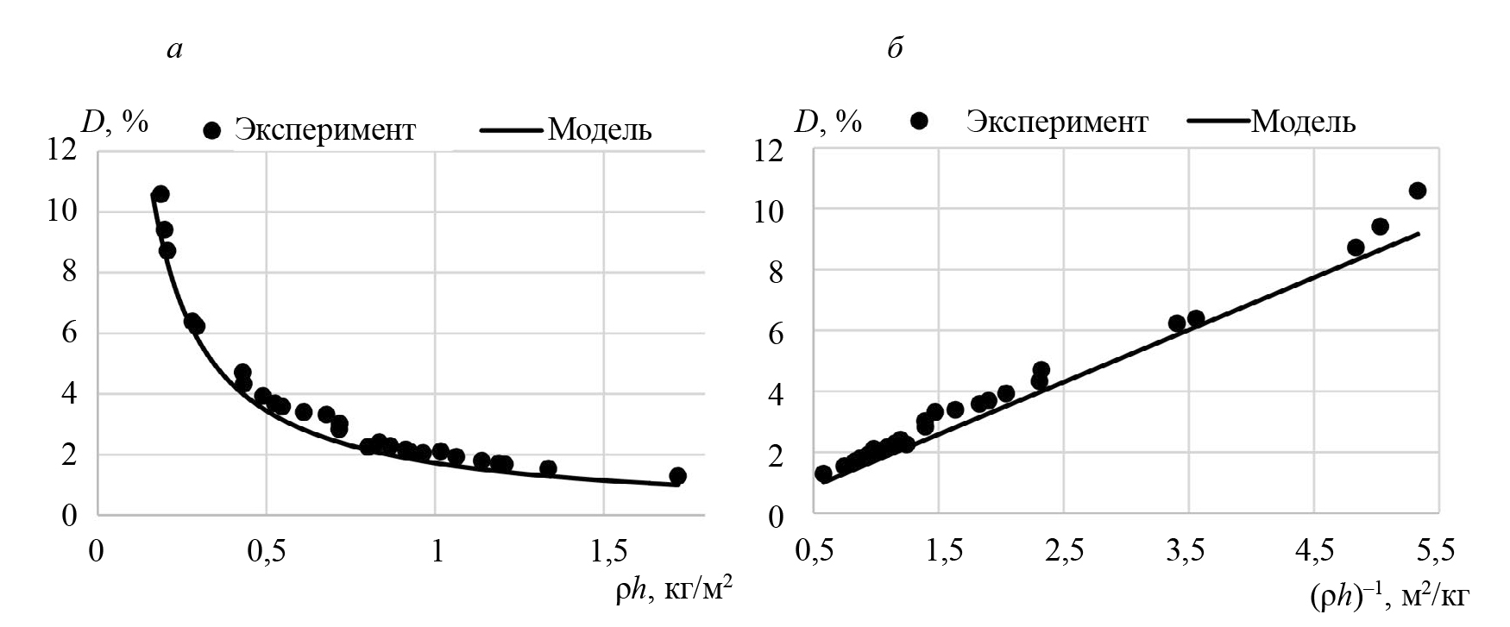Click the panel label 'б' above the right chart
pyautogui.click(x=895, y=50)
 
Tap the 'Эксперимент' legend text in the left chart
pyautogui.click(x=326, y=130)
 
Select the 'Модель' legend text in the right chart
pyautogui.click(x=1303, y=122)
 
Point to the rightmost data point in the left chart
pyautogui.click(x=677, y=476)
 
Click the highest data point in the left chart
pyautogui.click(x=160, y=194)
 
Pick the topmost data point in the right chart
pyautogui.click(x=1417, y=191)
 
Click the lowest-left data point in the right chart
pyautogui.click(x=823, y=473)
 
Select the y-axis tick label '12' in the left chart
pyautogui.click(x=63, y=150)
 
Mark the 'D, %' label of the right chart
pyautogui.click(x=828, y=122)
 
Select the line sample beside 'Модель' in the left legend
pyautogui.click(x=513, y=131)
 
